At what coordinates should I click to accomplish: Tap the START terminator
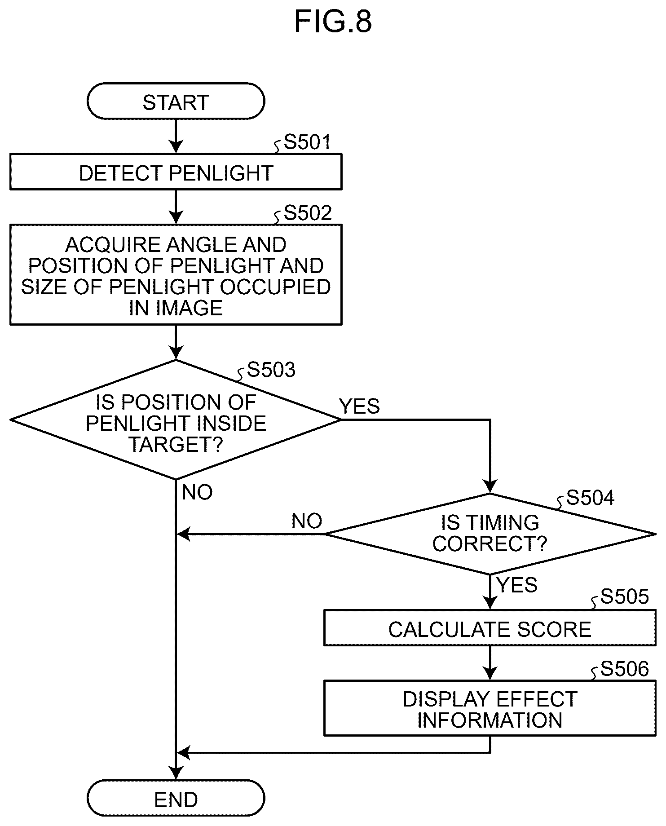click(176, 101)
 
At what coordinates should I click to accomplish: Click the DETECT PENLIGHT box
click(176, 172)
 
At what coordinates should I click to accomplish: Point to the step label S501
click(308, 142)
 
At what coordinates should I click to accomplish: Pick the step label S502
click(308, 213)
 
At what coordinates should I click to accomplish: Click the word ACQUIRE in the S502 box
click(112, 245)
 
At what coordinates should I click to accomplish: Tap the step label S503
click(271, 370)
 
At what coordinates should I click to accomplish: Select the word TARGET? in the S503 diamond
click(176, 444)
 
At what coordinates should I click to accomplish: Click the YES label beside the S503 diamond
click(359, 406)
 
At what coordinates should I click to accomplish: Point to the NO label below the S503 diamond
click(197, 492)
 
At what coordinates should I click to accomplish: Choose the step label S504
click(590, 498)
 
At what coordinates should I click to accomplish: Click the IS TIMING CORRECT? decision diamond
click(490, 534)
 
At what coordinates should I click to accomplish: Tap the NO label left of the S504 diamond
click(307, 521)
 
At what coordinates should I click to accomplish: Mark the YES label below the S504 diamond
click(517, 585)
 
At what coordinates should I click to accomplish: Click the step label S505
click(625, 596)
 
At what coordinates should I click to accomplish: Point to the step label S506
click(625, 669)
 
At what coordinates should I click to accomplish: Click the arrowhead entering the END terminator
click(176, 773)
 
